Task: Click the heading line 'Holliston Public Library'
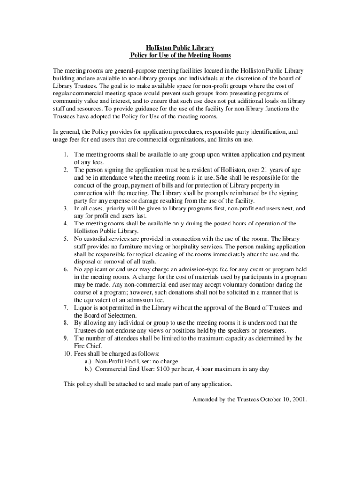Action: [180, 48]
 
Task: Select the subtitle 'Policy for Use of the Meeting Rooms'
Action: [180, 55]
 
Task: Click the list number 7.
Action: [66, 308]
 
